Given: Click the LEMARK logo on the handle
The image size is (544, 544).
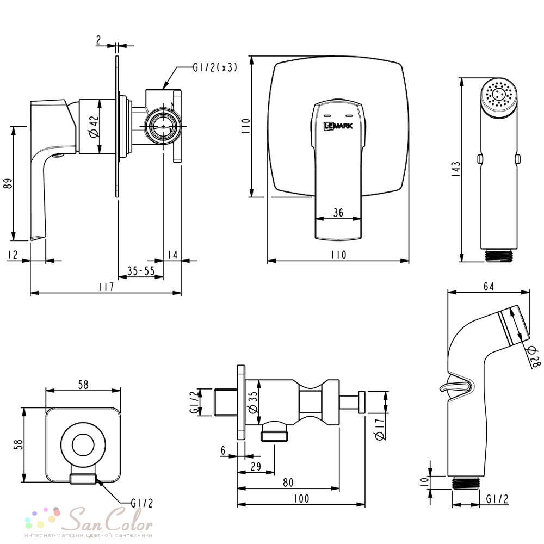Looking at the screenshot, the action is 338,126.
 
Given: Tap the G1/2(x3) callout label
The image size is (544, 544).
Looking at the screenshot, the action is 215,67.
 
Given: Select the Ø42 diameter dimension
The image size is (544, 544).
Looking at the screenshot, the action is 94,127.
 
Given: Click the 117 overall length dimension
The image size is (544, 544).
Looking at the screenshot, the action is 106,287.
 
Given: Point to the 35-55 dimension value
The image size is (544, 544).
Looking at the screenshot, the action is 141,270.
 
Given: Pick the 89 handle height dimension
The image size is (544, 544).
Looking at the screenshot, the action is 8,183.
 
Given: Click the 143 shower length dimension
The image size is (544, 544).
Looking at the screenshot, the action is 456,169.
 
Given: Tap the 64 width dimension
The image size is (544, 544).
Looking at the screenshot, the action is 489,286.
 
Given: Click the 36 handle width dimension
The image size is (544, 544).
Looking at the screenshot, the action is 338,212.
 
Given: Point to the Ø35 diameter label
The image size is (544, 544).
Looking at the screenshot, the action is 254,403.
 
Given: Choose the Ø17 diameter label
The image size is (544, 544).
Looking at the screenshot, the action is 380,429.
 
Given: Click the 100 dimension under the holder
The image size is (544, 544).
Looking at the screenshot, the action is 301,498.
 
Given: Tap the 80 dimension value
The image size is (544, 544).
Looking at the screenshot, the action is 288,482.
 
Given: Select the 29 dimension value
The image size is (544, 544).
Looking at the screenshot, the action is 256,466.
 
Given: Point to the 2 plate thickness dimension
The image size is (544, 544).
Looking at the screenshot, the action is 98,40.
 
